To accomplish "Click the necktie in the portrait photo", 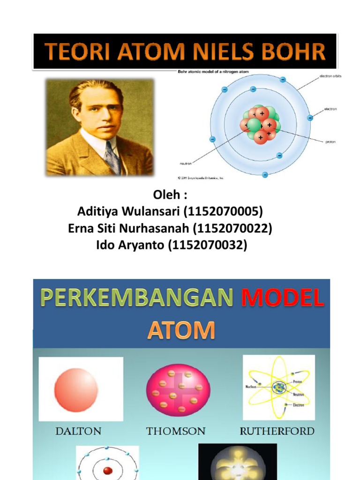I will tap(112, 157).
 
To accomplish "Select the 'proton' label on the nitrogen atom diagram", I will tap(330, 141).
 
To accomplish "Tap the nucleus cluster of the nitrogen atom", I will tap(261, 124).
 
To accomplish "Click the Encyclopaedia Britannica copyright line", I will tap(200, 178).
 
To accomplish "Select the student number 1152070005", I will tap(224, 212).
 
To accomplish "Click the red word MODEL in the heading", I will tap(282, 299).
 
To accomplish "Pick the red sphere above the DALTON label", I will tap(76, 390).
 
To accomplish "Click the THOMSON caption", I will tap(176, 431).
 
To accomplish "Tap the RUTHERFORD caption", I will tap(277, 431).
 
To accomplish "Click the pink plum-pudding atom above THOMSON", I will tap(178, 390).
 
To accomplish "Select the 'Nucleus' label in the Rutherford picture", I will tap(252, 387).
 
